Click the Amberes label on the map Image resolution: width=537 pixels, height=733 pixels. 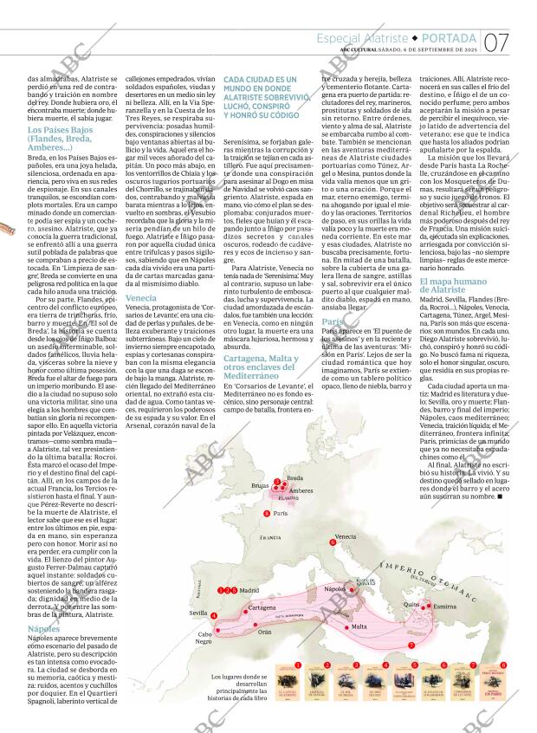(301, 490)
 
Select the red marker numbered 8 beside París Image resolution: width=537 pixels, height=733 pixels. (266, 514)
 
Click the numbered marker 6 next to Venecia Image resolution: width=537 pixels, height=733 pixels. (333, 544)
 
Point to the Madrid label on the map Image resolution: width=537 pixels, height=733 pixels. (249, 590)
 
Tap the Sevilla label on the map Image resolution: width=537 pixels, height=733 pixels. (198, 613)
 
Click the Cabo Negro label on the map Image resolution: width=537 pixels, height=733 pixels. (204, 638)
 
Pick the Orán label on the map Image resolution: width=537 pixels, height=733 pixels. (264, 632)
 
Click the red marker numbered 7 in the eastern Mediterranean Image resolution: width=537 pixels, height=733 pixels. (411, 645)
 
